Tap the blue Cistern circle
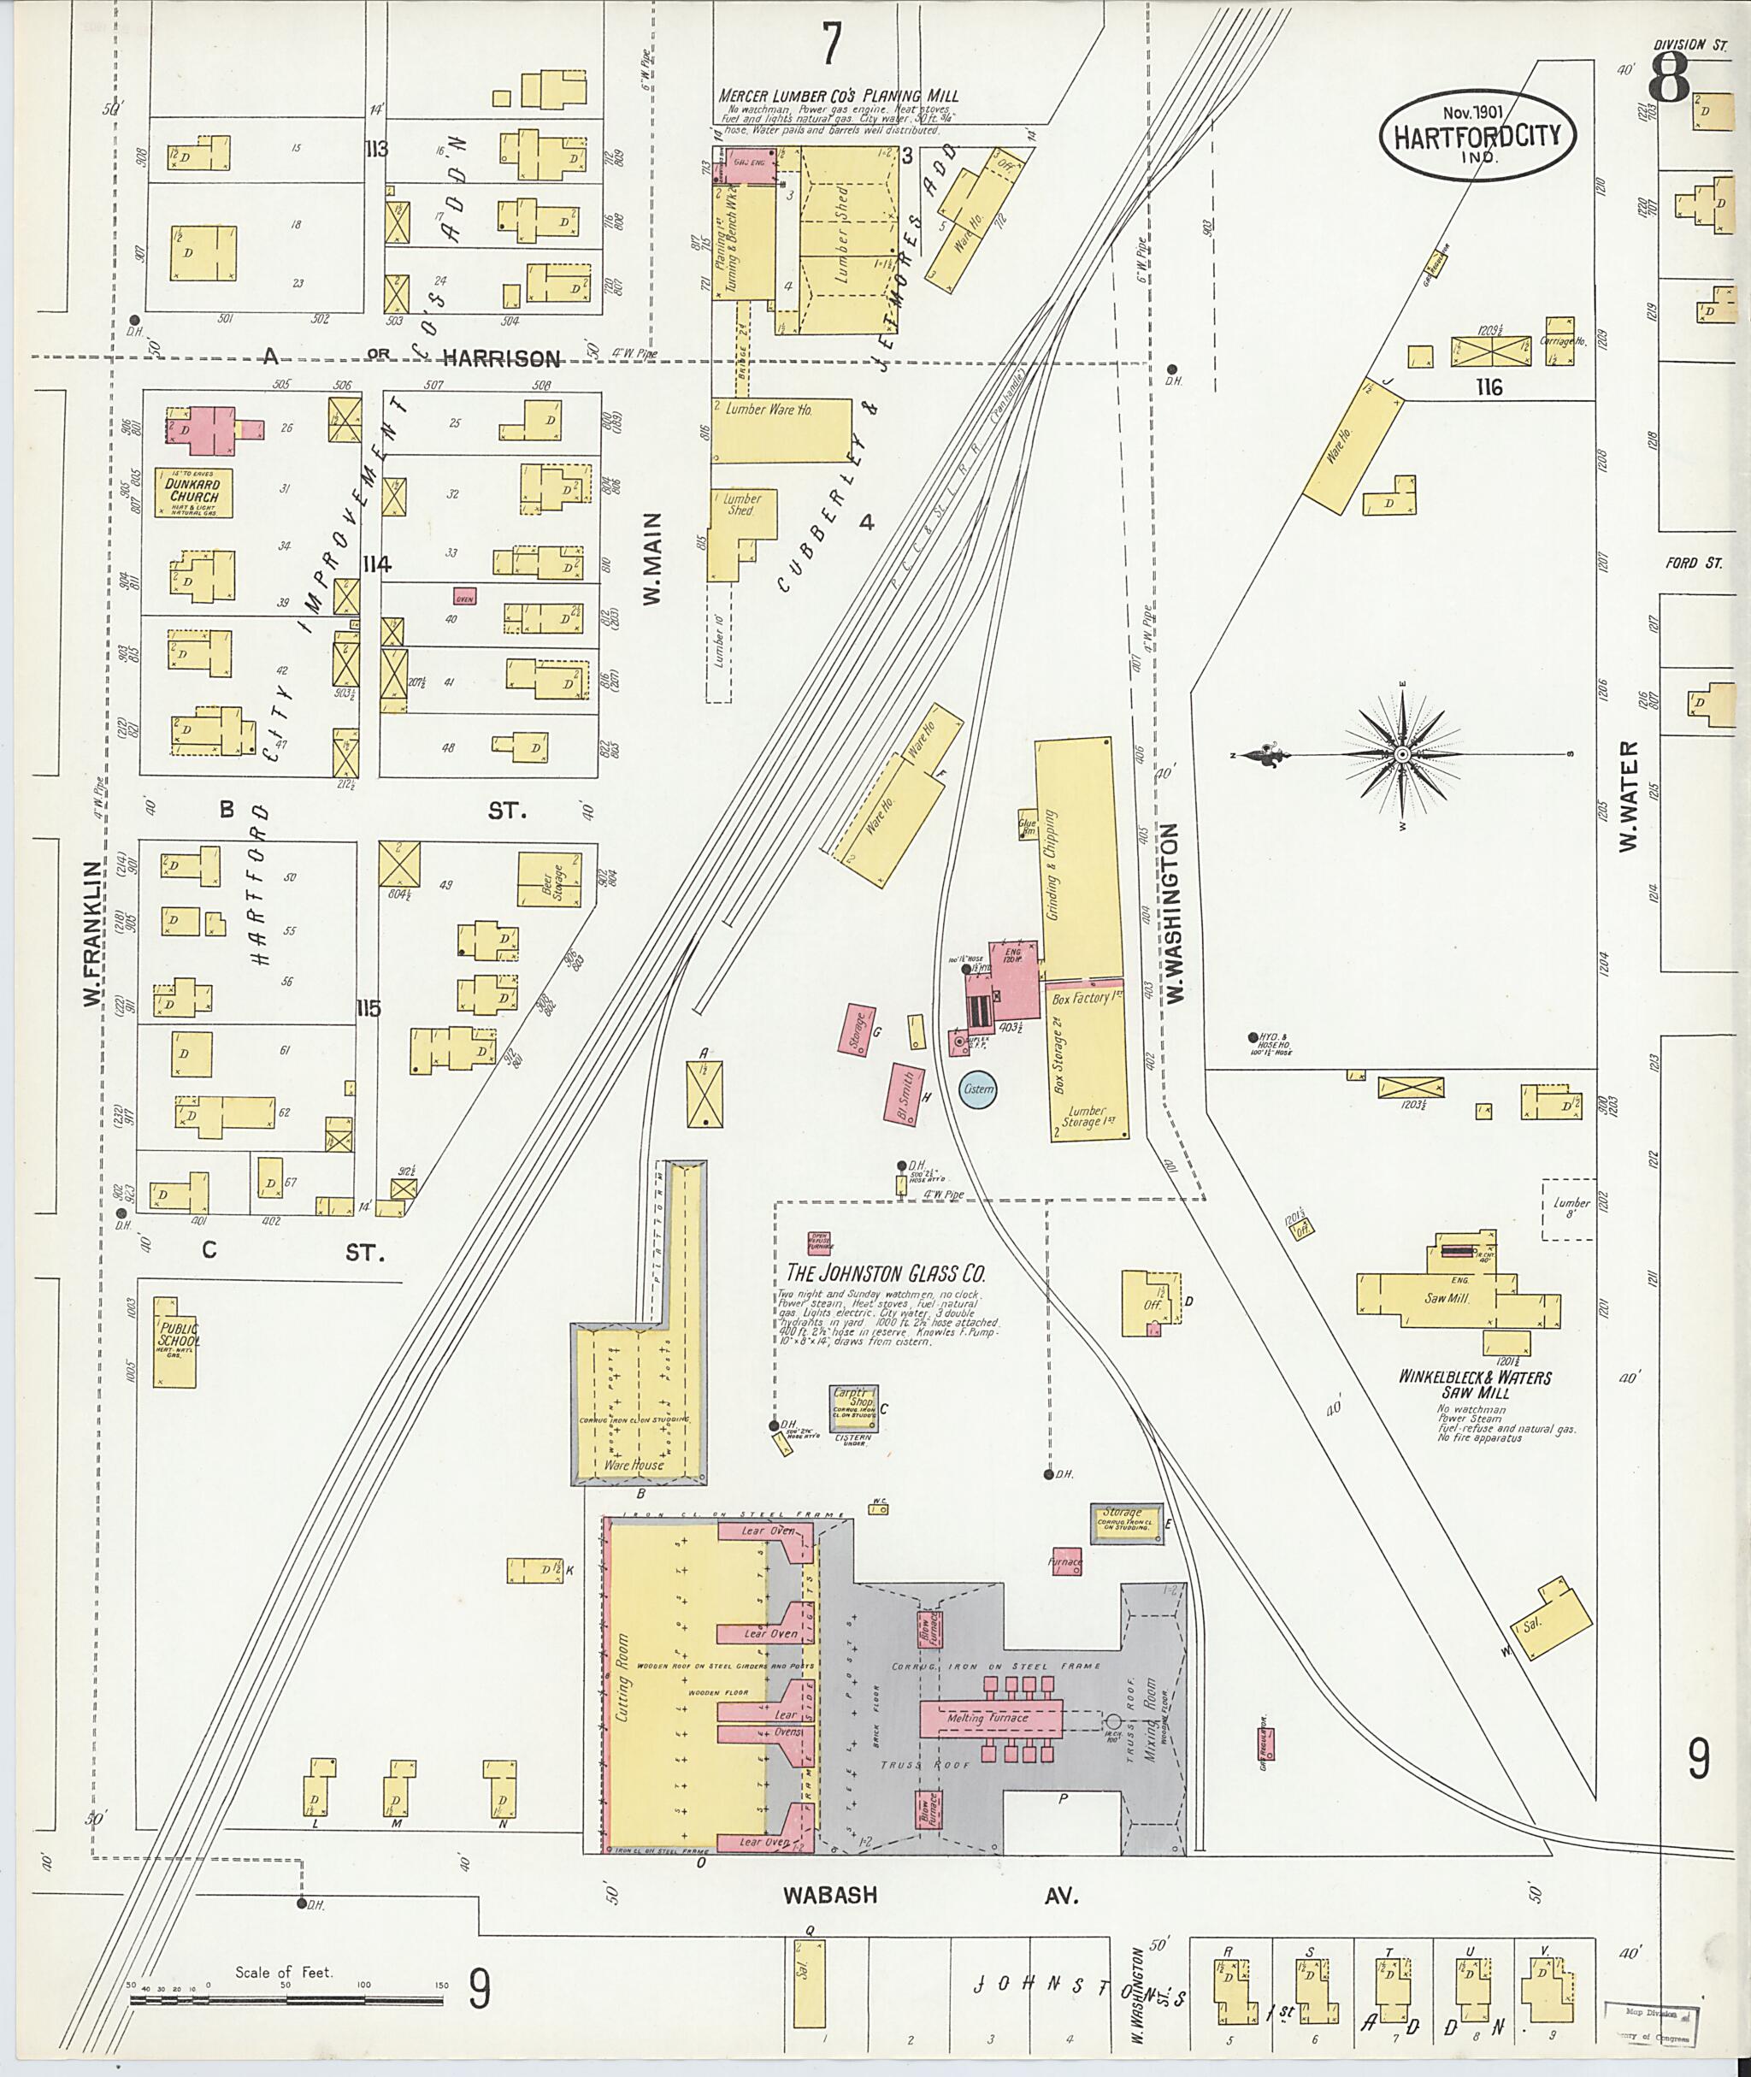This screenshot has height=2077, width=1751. click(978, 1089)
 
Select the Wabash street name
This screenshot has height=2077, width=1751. click(830, 1894)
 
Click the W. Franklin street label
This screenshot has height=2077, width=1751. click(93, 932)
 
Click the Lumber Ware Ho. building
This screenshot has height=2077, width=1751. click(781, 430)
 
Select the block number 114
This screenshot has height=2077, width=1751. click(376, 565)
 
